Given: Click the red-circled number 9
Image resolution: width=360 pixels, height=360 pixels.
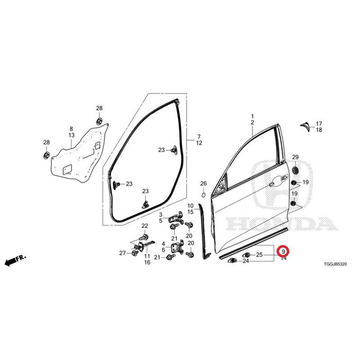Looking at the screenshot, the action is [283, 252].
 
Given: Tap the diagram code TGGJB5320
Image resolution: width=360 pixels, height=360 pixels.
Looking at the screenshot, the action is [335, 264].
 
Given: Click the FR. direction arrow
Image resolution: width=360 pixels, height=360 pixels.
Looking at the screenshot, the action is [15, 261].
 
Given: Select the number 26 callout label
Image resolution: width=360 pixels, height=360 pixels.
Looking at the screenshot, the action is [203, 184].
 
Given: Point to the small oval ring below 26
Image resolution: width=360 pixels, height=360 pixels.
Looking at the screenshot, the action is [203, 195].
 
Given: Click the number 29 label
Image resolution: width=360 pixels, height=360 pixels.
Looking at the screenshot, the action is [295, 157].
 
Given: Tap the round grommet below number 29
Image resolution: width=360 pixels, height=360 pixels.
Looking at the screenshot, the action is [295, 170].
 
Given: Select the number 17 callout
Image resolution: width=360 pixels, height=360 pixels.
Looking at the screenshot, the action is [319, 123].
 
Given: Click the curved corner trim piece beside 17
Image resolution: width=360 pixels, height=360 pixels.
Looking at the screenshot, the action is [306, 126].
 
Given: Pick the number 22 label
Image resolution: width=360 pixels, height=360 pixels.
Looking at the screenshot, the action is [144, 226].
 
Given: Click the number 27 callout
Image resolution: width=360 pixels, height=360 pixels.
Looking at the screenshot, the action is [122, 253].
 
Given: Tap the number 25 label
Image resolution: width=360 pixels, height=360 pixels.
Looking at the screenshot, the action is [259, 255].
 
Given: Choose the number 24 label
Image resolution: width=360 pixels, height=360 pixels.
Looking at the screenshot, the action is [246, 261].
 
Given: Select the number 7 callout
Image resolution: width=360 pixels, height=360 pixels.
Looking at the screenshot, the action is [199, 137].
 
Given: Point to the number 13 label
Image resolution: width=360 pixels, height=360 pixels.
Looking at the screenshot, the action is [72, 135].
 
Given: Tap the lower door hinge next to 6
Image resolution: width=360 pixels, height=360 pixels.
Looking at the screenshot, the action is [177, 247].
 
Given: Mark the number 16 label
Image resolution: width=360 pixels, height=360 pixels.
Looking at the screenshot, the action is [147, 262].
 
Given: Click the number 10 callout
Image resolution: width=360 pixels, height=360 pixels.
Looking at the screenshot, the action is [190, 206].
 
